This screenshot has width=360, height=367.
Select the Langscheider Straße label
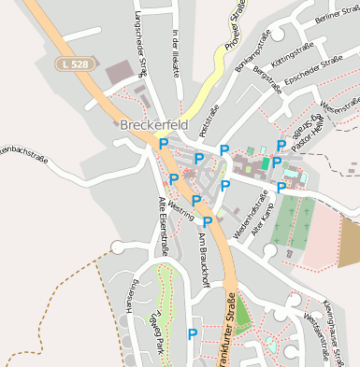click(x=142, y=42)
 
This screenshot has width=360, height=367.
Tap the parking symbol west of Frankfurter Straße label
click(x=193, y=333)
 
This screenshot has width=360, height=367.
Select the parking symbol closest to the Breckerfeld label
click(x=164, y=143)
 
